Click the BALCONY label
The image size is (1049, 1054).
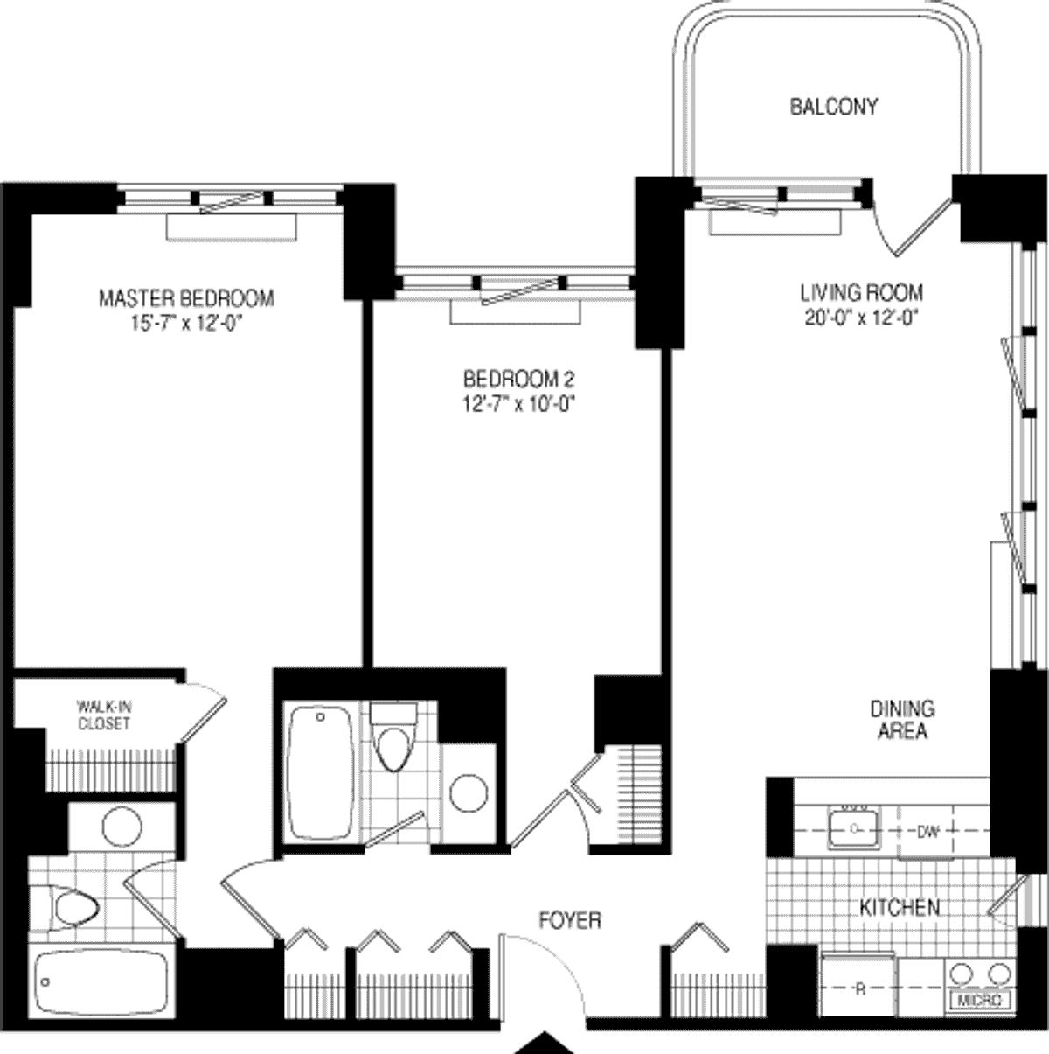coord(834,107)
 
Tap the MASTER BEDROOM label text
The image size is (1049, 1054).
coord(186,298)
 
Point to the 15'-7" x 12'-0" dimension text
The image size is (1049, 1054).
coord(186,324)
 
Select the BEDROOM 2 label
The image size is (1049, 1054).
coord(519,379)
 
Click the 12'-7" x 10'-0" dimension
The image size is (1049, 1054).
coord(520,404)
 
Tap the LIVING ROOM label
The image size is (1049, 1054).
coord(862,293)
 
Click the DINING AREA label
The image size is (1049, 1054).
coord(902,721)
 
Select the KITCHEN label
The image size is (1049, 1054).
coord(900,907)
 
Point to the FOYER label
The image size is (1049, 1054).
coord(570,920)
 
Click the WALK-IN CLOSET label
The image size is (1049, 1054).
coord(104,715)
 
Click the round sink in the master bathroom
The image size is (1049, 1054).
coord(122,827)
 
